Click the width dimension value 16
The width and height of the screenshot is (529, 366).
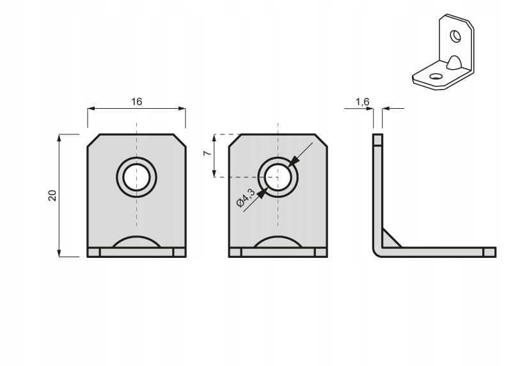tap(136, 101)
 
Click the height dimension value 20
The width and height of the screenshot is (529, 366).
tap(52, 195)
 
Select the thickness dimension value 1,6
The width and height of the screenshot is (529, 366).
tap(362, 102)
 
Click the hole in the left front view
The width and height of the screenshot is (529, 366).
tap(136, 177)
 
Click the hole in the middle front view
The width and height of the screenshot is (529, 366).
tap(278, 177)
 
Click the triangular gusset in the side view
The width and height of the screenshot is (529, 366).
tap(388, 240)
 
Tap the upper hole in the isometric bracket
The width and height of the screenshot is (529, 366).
tap(455, 36)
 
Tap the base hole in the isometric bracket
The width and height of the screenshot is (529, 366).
tap(436, 77)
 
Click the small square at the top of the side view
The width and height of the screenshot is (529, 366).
tap(377, 139)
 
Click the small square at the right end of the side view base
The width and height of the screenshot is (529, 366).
tap(489, 252)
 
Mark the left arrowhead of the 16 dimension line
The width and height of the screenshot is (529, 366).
tap(91, 109)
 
